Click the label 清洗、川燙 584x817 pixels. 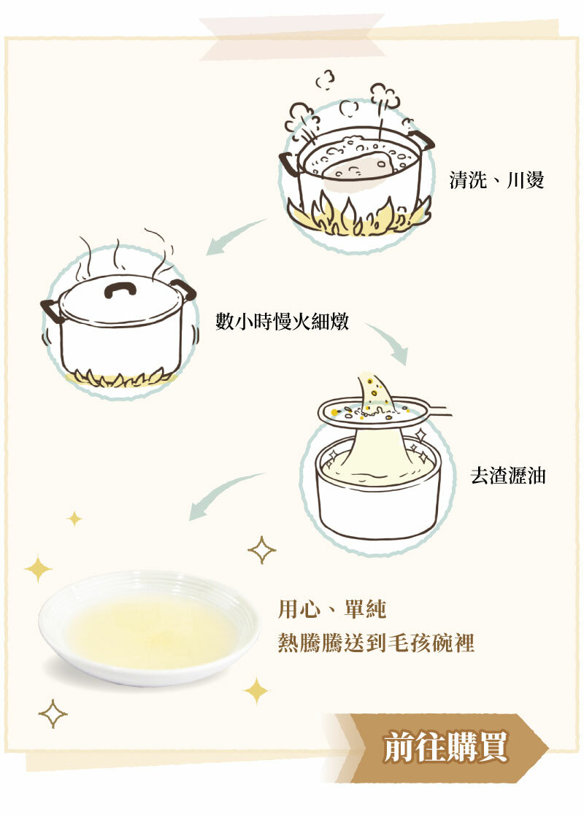tap(496, 180)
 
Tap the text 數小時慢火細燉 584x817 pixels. tap(282, 321)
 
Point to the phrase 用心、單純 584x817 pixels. tap(332, 609)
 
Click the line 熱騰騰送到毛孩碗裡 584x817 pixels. tap(376, 643)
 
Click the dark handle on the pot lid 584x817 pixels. tap(120, 288)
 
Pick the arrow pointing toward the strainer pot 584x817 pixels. tap(387, 343)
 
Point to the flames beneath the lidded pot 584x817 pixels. tap(120, 378)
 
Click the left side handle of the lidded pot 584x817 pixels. tap(51, 310)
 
